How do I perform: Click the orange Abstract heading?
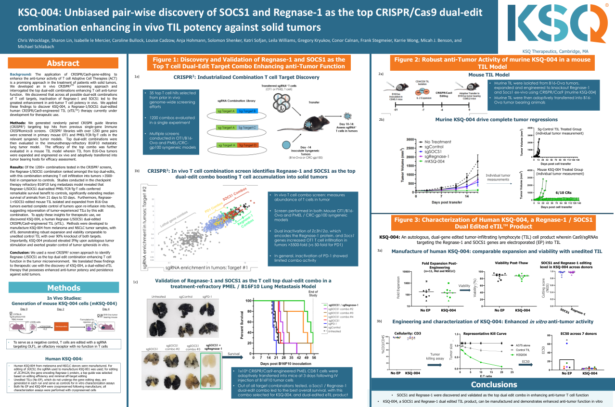[x=63, y=63]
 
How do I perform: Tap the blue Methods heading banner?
[x=63, y=288]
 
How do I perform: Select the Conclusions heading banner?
[x=494, y=384]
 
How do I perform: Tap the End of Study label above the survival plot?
[x=313, y=293]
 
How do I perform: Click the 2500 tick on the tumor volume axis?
[x=410, y=148]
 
